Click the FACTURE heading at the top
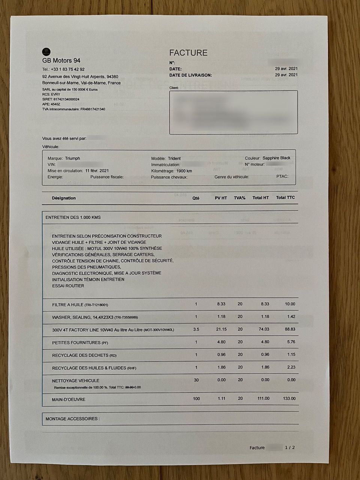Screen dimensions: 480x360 point(188,53)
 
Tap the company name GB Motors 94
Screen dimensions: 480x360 point(61,61)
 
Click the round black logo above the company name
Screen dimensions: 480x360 point(46,52)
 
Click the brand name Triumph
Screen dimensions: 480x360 point(72,158)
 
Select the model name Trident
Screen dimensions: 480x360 point(174,158)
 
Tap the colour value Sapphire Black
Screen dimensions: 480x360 point(276,158)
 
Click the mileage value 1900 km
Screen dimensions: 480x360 point(184,171)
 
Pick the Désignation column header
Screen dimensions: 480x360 point(64,198)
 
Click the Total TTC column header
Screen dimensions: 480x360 point(285,198)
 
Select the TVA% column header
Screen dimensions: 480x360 point(240,198)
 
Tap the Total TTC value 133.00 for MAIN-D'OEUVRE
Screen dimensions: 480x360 point(289,399)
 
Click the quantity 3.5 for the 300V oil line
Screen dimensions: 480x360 point(196,329)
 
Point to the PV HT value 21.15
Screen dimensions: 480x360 point(221,329)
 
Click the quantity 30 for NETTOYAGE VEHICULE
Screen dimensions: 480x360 point(196,380)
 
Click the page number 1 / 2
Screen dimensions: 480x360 point(290,447)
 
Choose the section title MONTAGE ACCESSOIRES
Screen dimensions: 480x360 point(73,418)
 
